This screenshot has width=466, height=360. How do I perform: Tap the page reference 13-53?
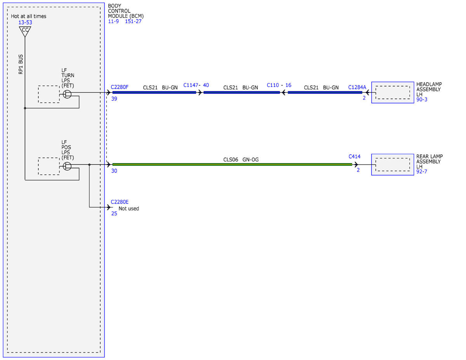25,22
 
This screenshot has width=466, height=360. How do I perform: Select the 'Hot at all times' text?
28,16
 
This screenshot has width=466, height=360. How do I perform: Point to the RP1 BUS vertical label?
21,64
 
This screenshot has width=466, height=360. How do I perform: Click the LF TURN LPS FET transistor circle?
67,94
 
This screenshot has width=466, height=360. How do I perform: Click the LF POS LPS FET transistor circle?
67,166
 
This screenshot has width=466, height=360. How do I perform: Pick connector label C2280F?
120,87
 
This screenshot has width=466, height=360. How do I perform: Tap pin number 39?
114,99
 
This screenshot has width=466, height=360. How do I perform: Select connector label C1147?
191,85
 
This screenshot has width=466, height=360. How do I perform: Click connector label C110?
273,85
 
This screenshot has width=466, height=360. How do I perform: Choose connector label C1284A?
357,87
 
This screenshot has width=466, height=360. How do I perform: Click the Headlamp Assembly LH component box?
393,92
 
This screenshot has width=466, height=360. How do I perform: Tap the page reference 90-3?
422,99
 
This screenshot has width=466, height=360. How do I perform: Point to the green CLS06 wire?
232,164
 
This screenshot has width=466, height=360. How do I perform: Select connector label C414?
355,157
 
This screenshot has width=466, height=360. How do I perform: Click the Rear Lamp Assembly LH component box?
393,164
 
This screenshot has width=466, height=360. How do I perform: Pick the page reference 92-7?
422,172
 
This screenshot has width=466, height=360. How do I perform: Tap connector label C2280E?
120,202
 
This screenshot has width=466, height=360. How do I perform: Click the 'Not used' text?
129,209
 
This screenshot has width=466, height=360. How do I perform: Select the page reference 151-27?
133,21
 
